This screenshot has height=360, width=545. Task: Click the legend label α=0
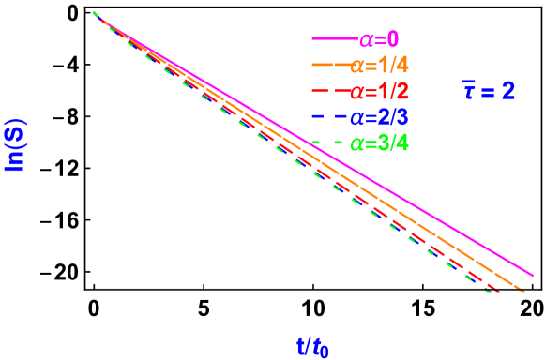[379, 39]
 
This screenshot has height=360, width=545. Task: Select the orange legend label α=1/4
[379, 66]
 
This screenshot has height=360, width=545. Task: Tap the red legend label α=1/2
[379, 92]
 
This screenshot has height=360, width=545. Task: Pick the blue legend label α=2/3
[379, 118]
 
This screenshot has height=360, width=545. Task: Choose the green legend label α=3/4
[379, 144]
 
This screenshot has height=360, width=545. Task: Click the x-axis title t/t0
[312, 347]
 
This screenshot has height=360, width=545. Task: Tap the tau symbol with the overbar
[467, 91]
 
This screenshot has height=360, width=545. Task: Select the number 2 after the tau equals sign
[507, 91]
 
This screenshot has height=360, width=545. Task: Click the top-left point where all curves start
[95, 13]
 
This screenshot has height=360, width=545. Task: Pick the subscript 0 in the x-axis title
[325, 352]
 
